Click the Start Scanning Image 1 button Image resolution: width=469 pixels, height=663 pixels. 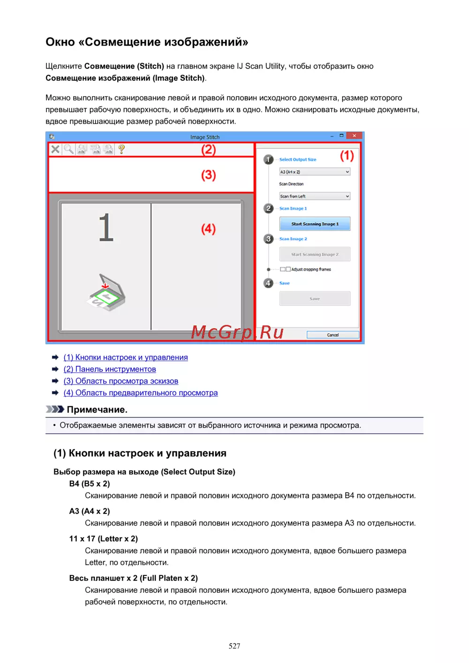(315, 224)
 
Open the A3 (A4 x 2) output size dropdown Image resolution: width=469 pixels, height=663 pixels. (315, 172)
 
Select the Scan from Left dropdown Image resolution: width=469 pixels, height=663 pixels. (315, 196)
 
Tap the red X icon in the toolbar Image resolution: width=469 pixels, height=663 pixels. (55, 149)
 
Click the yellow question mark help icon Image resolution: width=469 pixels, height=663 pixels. (121, 149)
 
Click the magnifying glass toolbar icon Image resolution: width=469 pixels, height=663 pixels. (68, 149)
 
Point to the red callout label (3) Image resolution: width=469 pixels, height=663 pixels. (209, 175)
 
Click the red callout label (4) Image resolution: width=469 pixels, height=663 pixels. (209, 229)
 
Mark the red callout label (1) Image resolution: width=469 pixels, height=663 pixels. (347, 156)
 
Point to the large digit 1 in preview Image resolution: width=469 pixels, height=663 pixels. (106, 227)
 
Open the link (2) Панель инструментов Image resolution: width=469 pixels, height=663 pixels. (110, 369)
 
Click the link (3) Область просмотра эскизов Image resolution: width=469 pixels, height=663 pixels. (121, 381)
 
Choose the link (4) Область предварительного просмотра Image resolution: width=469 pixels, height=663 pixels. (141, 393)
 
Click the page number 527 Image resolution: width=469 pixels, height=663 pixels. (234, 646)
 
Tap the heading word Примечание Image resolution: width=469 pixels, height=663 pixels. (97, 410)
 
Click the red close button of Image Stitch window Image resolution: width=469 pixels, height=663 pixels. (355, 136)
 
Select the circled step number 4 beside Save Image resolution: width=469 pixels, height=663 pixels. (268, 283)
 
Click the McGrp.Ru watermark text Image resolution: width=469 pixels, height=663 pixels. (237, 332)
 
